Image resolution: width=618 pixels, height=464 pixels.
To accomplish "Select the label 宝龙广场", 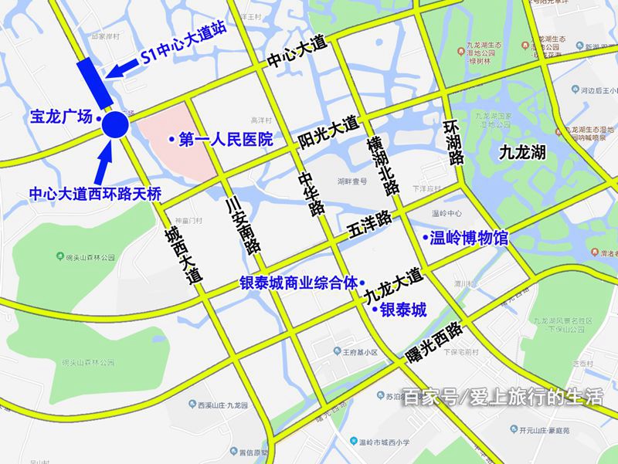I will [60, 117].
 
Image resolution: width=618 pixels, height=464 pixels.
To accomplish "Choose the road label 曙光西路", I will [433, 341].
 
